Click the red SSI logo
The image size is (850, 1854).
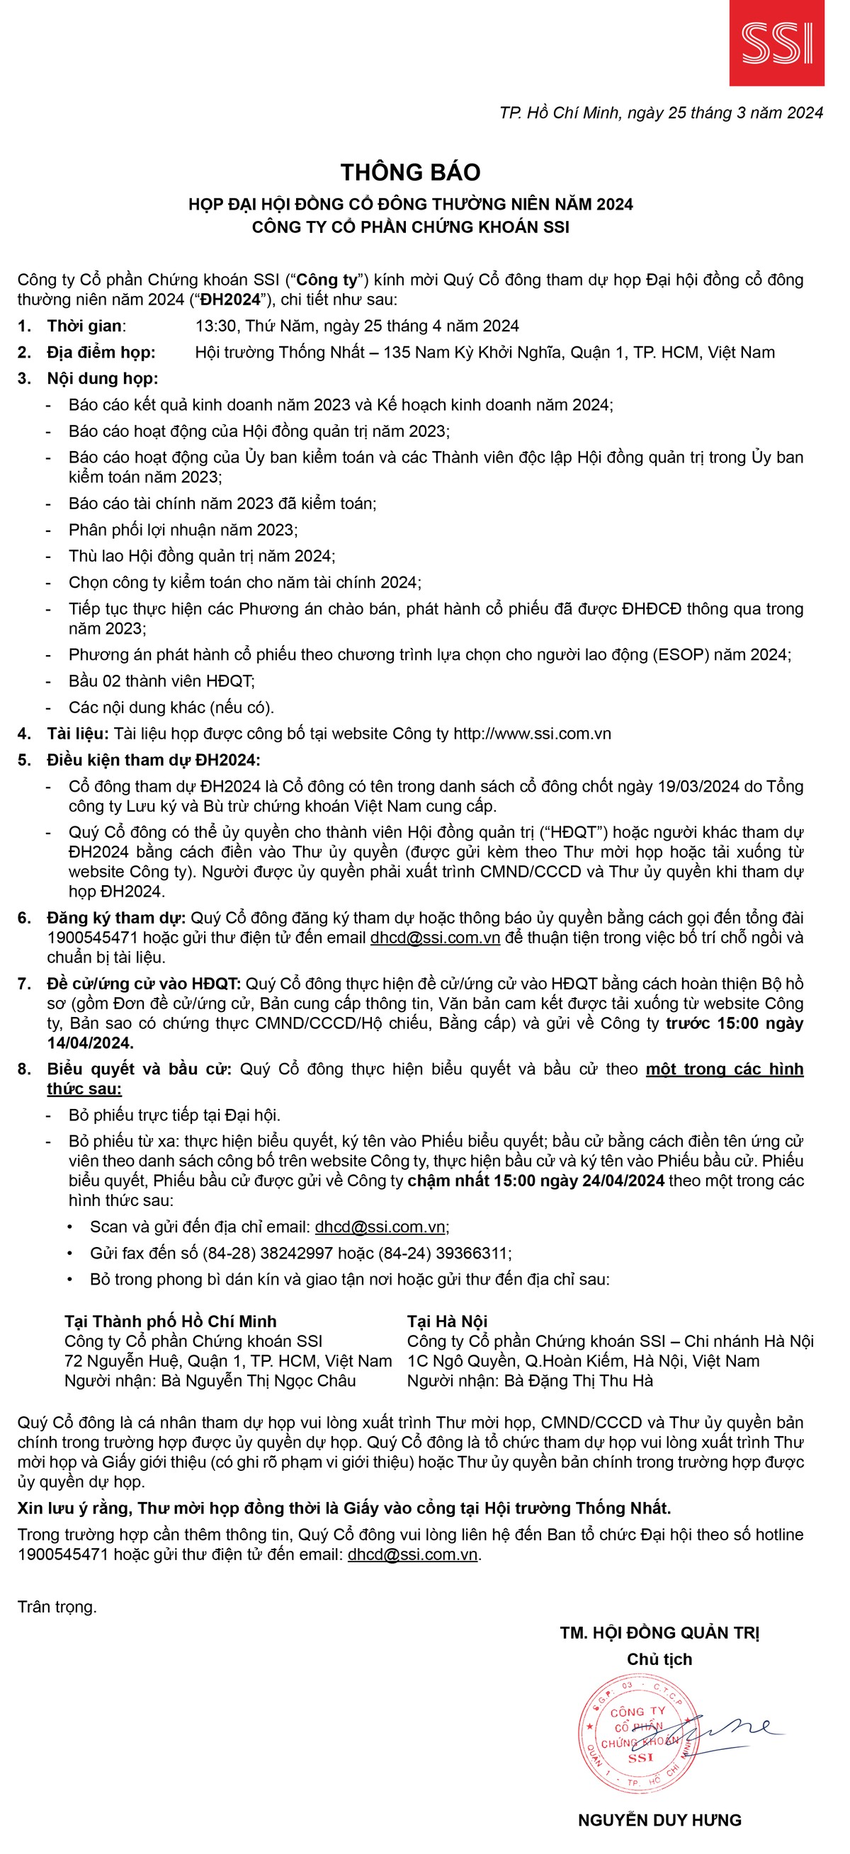[776, 43]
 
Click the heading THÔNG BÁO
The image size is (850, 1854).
[410, 173]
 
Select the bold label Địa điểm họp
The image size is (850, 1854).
[101, 353]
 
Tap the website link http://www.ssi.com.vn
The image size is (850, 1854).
[532, 734]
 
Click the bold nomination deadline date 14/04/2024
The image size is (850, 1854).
[90, 1043]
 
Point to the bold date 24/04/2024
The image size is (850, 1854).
[620, 1181]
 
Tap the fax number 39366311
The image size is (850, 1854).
[472, 1253]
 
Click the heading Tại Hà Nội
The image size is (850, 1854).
[447, 1321]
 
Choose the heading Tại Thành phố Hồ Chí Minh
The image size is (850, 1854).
[171, 1321]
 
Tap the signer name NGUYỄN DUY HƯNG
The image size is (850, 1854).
[659, 1820]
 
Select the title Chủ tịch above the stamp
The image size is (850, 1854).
[659, 1659]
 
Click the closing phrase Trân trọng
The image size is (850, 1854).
[57, 1607]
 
